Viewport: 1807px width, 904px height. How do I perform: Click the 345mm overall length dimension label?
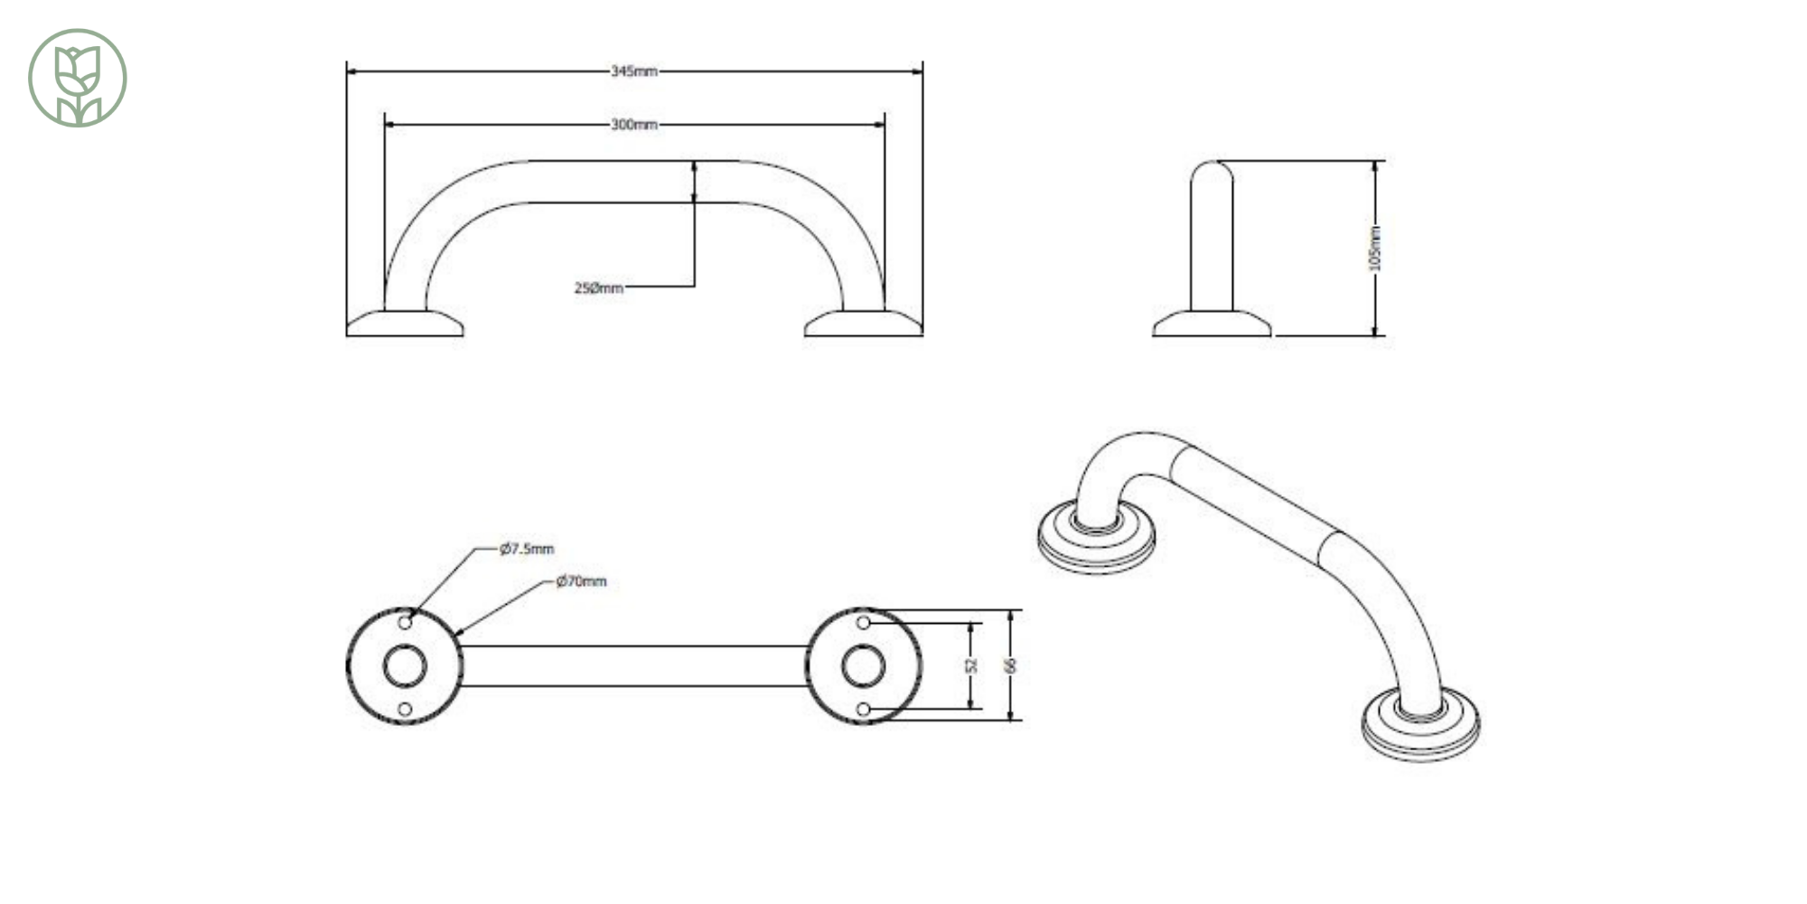(634, 71)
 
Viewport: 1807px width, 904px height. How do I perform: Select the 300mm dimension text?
(634, 125)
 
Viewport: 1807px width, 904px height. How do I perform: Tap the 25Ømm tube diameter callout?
(598, 288)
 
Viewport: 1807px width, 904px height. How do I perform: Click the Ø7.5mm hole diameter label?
(527, 549)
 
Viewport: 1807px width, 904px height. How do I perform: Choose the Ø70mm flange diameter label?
(581, 581)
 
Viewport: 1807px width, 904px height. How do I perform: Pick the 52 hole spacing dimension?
(972, 665)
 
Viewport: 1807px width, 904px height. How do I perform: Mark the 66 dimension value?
(1011, 665)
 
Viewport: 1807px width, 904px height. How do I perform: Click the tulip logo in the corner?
(78, 78)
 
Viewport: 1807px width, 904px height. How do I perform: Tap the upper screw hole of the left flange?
(405, 623)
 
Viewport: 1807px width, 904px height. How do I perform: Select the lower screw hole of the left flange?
(405, 709)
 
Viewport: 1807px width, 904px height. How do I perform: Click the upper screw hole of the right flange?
(863, 623)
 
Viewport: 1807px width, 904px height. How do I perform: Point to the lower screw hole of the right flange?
(863, 709)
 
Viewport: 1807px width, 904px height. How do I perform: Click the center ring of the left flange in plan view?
(405, 666)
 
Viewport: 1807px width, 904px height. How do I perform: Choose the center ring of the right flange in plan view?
(863, 666)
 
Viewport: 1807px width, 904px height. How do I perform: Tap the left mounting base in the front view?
(405, 324)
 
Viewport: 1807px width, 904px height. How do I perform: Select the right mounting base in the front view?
(863, 324)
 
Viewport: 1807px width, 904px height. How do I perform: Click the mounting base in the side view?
(1212, 324)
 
